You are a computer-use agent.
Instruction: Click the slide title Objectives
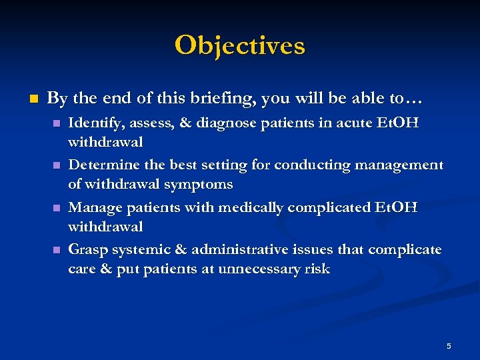(x=240, y=46)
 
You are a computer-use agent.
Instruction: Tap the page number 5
(x=449, y=346)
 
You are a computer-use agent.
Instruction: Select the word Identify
(x=93, y=123)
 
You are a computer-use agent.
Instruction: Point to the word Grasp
(x=86, y=250)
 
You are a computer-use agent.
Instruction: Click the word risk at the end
(x=315, y=269)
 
